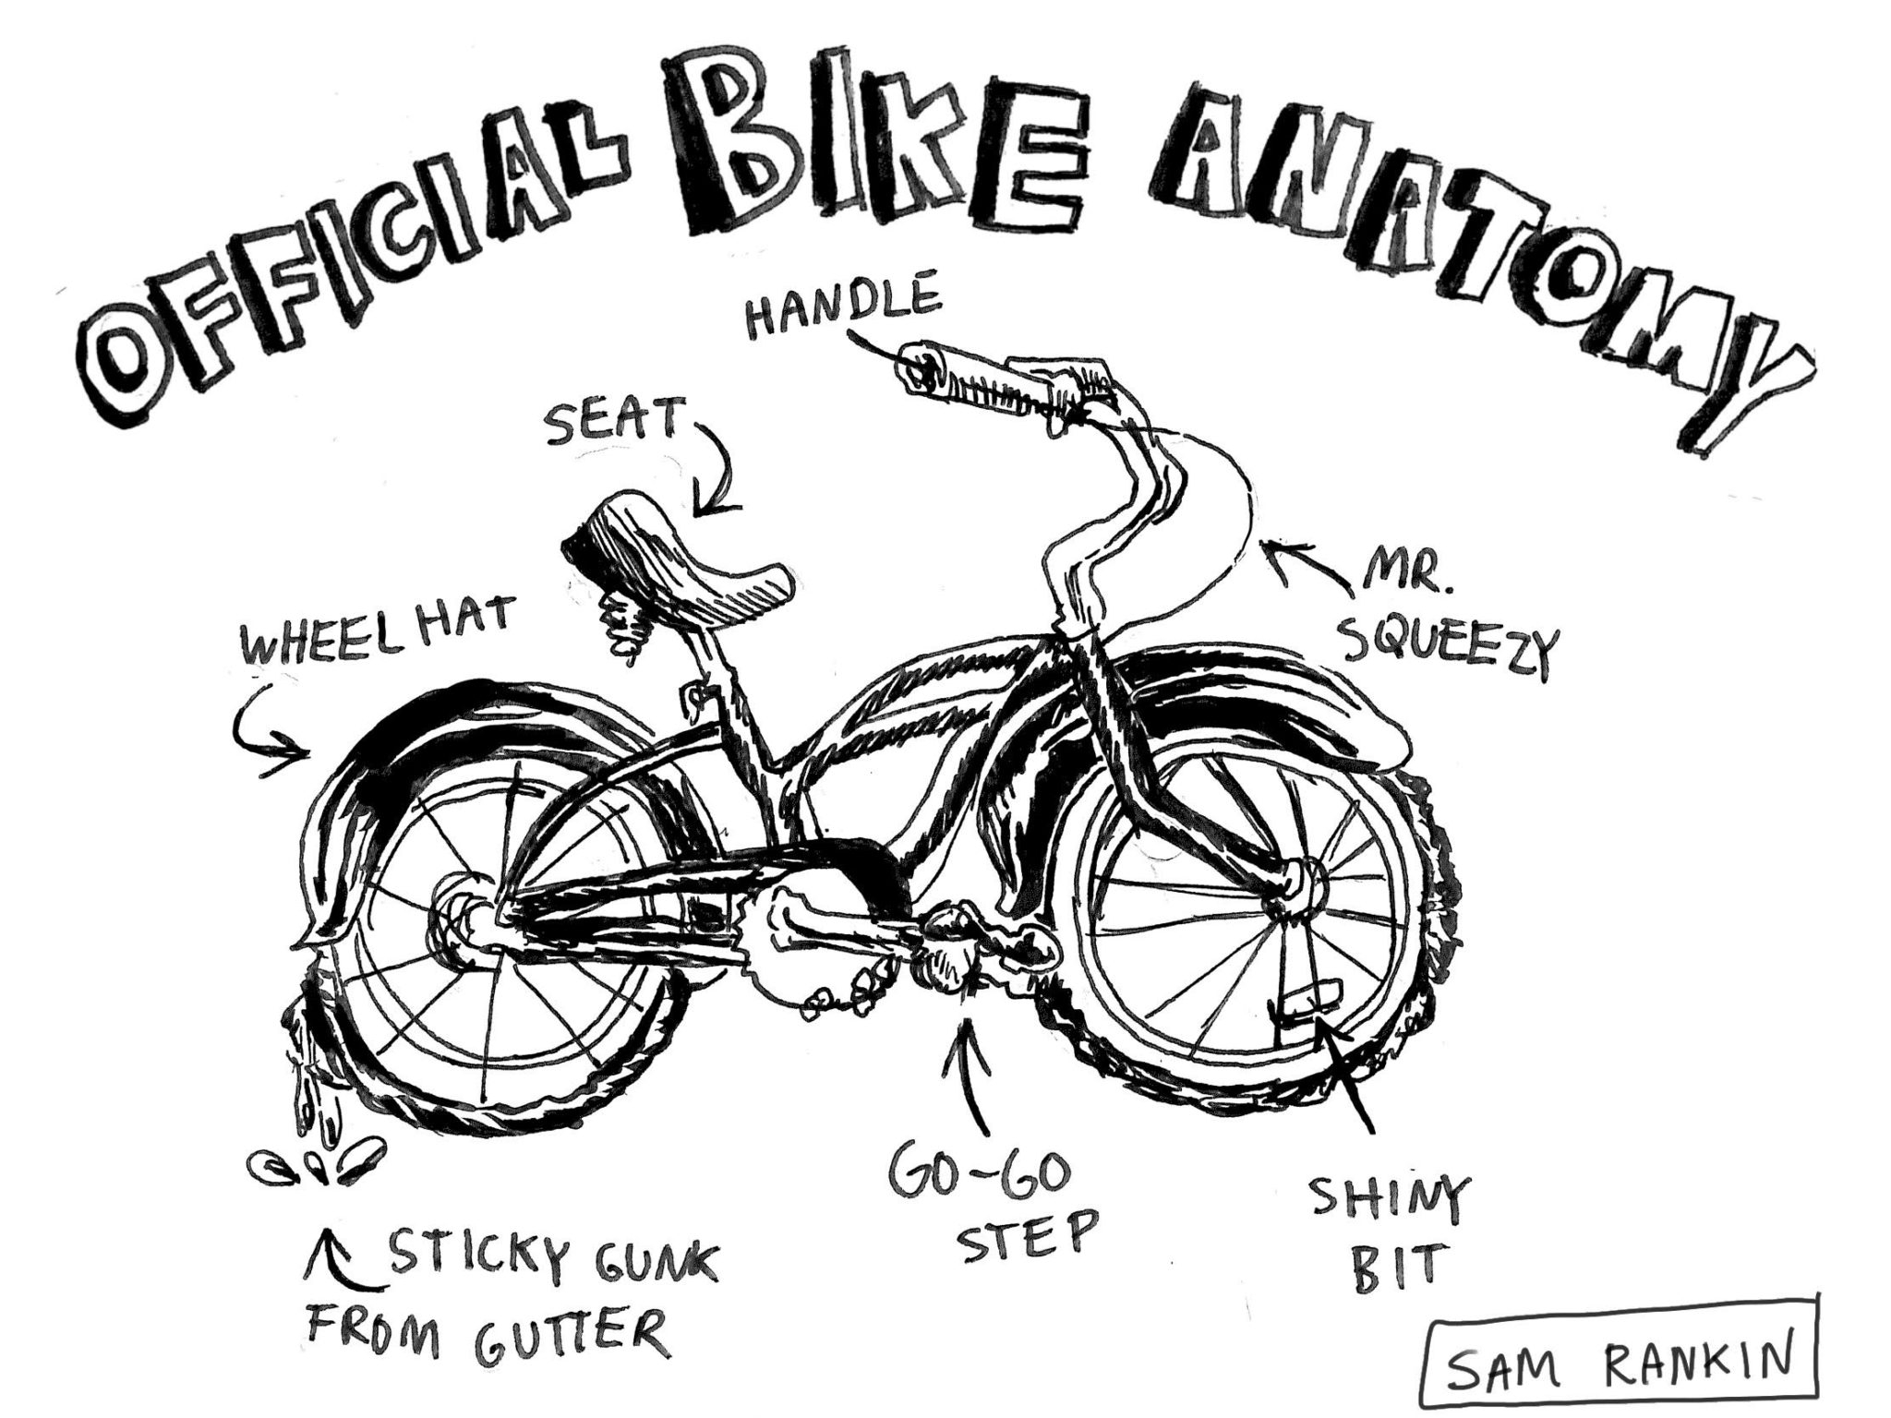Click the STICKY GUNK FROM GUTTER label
point(508,1307)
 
